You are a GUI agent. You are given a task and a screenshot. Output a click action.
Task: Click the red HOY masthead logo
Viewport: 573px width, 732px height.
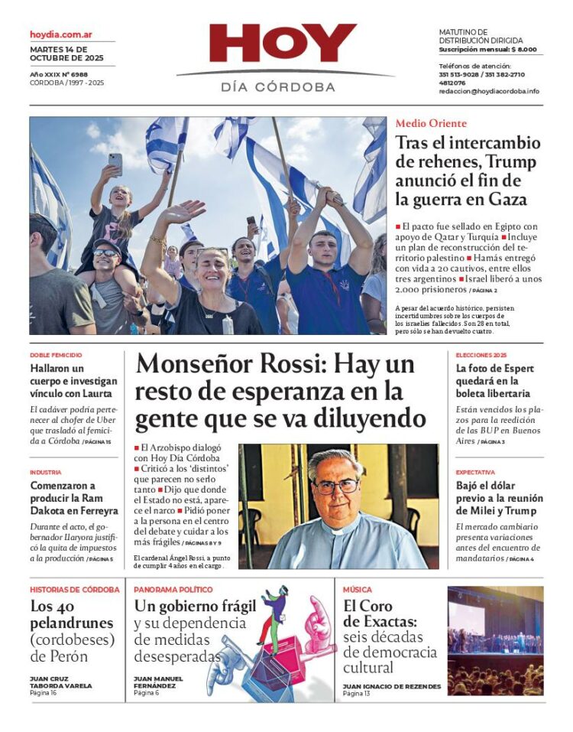point(283,44)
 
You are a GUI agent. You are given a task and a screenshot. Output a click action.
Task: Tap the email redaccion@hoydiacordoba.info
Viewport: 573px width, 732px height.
point(489,91)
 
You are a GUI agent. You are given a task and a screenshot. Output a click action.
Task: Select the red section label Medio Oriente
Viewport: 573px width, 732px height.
point(431,123)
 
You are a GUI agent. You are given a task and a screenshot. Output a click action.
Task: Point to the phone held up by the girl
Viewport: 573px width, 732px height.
point(115,162)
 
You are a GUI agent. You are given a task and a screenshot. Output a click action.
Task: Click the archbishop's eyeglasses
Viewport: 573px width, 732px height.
point(336,486)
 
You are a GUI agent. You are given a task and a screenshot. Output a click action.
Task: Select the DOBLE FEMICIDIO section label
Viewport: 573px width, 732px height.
point(56,355)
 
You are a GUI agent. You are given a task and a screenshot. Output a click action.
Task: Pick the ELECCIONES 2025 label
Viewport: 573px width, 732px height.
point(481,355)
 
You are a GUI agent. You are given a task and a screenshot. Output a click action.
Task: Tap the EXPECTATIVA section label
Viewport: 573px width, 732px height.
point(475,472)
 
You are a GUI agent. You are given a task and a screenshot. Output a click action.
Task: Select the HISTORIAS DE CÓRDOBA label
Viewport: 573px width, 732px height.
point(75,590)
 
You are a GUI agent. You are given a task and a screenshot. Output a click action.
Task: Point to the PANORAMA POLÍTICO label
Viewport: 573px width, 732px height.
point(173,590)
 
